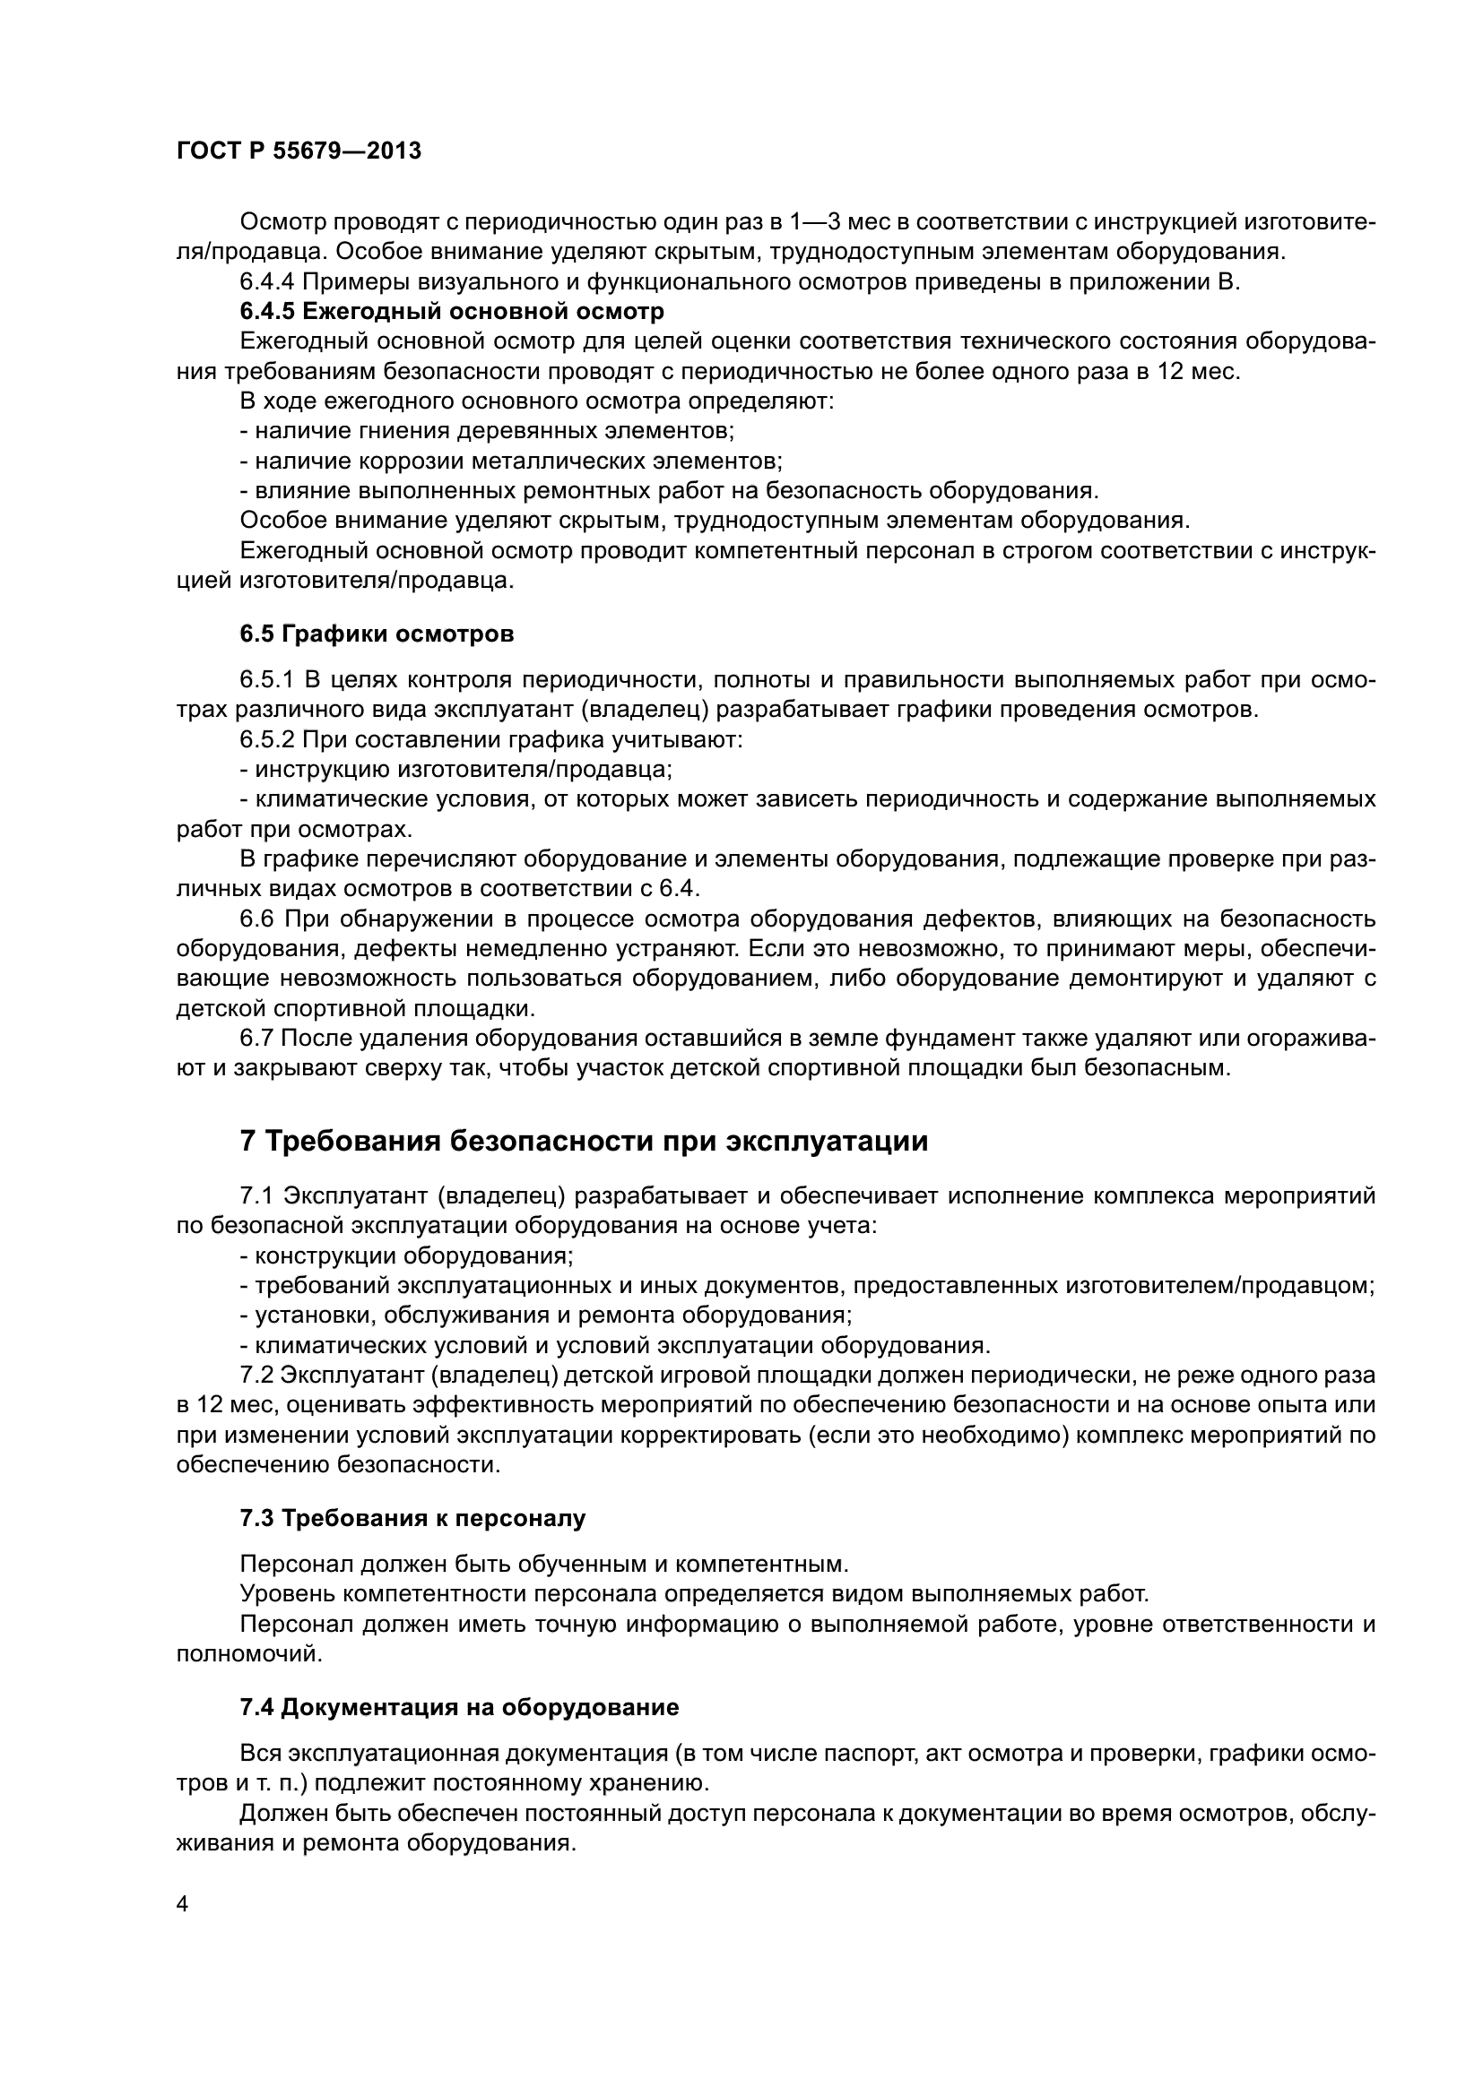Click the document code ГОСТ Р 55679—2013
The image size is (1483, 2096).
(299, 151)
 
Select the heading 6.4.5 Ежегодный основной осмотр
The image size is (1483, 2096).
(452, 311)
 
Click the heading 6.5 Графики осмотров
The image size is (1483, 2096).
(377, 634)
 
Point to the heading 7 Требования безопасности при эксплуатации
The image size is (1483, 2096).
(584, 1141)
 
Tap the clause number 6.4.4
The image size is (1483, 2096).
(266, 281)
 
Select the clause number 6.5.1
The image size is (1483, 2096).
(266, 680)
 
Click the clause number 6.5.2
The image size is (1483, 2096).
(266, 739)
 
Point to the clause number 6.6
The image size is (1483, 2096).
(257, 919)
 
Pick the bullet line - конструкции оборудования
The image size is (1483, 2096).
(406, 1255)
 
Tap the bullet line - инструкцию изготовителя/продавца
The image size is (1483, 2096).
(455, 770)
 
